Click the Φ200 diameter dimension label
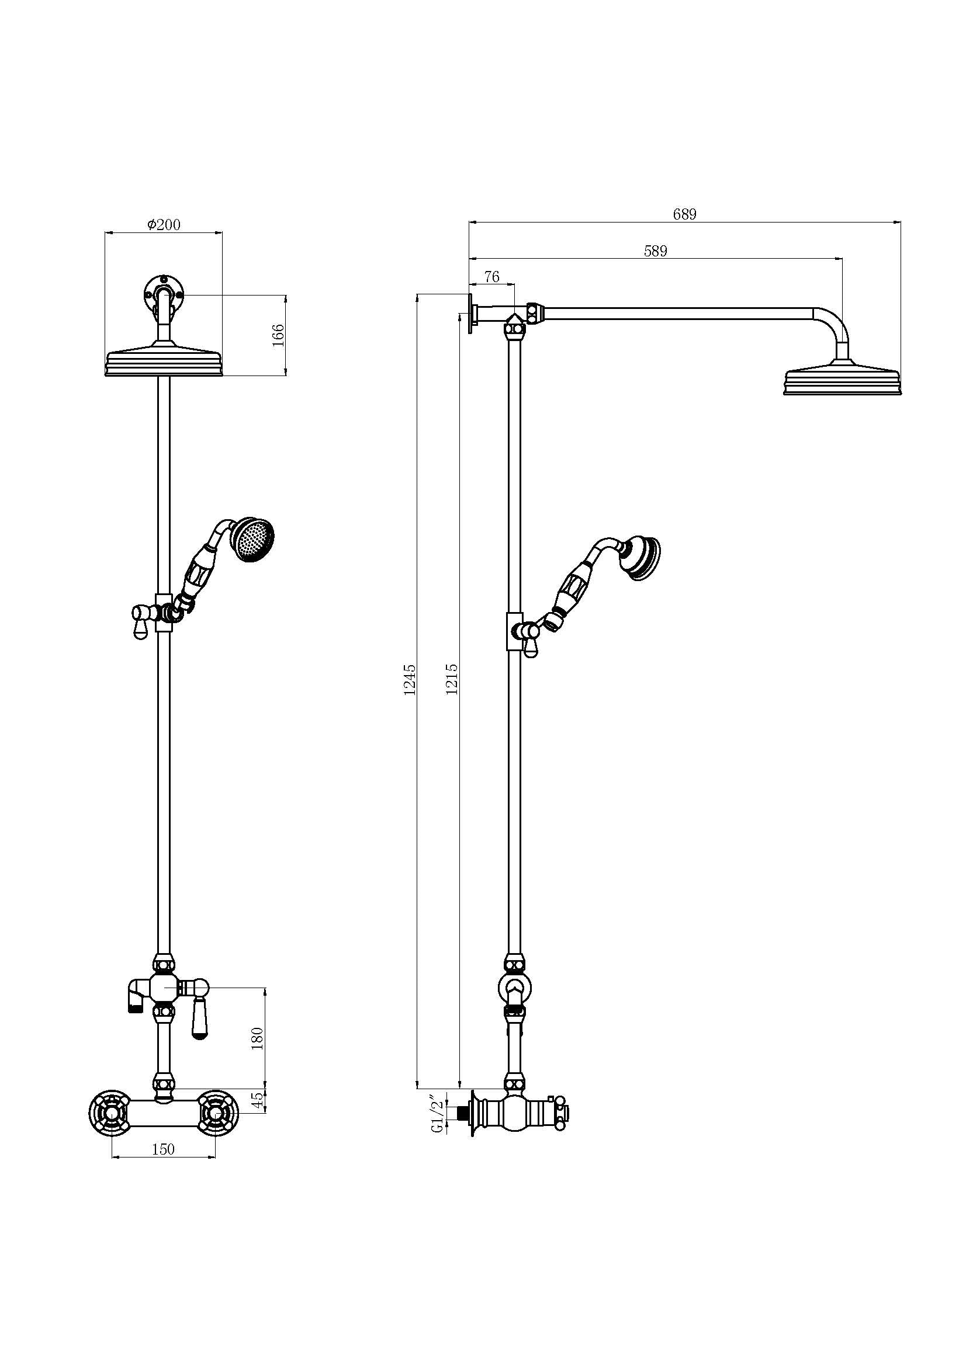(164, 224)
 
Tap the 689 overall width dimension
(684, 214)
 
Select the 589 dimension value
(655, 251)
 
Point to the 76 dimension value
(491, 276)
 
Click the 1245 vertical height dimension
(410, 679)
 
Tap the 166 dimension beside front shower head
(278, 336)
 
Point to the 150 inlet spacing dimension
(163, 1149)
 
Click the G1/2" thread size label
(439, 1111)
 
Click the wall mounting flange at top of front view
(164, 293)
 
